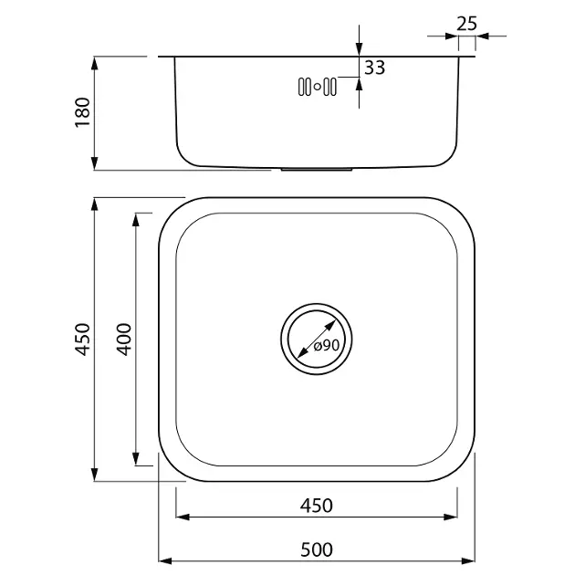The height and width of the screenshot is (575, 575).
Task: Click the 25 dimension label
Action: (x=466, y=24)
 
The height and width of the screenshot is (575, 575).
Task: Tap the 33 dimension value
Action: (x=375, y=68)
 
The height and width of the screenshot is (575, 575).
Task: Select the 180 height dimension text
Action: (x=82, y=112)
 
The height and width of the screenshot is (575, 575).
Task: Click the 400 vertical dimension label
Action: (x=124, y=340)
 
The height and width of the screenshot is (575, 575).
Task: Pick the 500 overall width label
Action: (x=317, y=549)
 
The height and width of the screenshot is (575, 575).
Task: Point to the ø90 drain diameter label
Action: (x=327, y=345)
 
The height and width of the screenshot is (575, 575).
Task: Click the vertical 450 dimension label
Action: (x=82, y=340)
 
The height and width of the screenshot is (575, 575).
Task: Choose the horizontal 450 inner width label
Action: (x=317, y=506)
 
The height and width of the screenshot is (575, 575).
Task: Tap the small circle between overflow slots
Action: (x=318, y=87)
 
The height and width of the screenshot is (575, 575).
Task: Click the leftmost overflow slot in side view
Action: (x=301, y=87)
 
